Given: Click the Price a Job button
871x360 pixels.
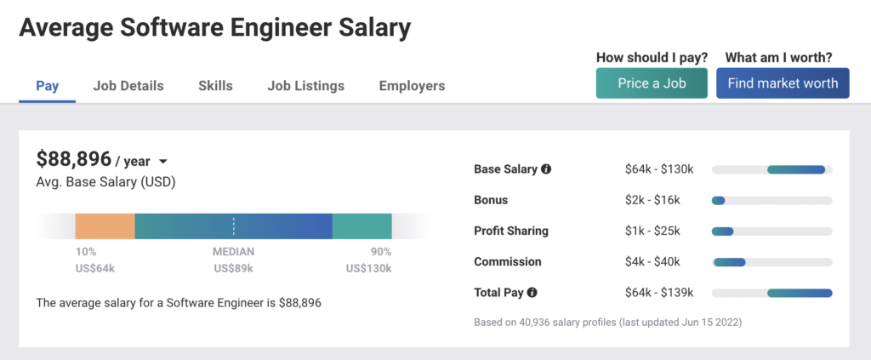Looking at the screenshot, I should pos(652,83).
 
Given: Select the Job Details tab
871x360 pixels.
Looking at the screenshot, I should pos(128,86).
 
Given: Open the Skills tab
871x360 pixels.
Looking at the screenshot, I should pos(215,86).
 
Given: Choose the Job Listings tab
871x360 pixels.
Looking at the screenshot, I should pos(305,86).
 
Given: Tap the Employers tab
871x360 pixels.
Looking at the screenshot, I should pos(412,86).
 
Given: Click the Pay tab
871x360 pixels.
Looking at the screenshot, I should pos(47,86).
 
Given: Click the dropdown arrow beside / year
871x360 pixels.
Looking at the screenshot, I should pos(162,162).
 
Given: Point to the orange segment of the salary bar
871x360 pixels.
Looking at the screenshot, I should pos(105,226).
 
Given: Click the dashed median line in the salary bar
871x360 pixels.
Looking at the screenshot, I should pos(234,226).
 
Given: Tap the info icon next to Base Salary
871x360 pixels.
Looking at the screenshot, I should pos(546,169).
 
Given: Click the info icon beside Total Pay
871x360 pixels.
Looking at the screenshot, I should pos(532,293).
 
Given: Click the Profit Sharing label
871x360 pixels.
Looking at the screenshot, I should pos(510,231).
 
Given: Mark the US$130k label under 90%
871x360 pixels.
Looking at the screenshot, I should pos(368,268).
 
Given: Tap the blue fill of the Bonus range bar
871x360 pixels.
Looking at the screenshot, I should pos(718,201).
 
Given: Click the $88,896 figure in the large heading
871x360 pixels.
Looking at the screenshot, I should pos(73,158).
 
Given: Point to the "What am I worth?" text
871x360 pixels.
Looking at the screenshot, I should pos(778,58).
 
